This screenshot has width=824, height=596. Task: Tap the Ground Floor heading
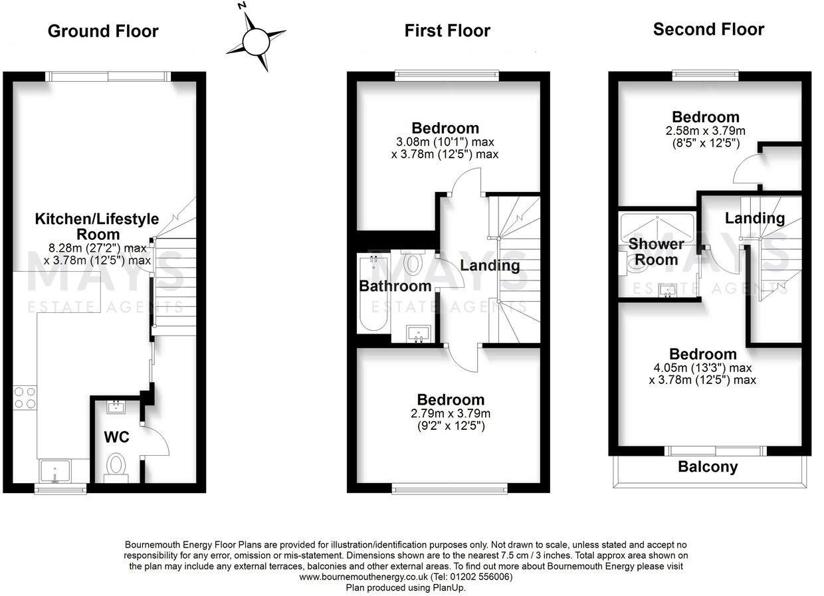coord(103,31)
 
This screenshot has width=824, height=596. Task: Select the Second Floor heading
coord(708,29)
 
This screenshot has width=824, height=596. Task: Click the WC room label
coord(116,437)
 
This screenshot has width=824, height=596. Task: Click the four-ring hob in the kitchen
coord(25,398)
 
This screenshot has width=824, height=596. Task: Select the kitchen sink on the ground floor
coord(54,471)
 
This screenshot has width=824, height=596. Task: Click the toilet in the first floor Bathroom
coord(413,262)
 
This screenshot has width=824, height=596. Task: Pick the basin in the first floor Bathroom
coord(419,334)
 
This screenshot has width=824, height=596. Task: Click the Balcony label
coord(708,467)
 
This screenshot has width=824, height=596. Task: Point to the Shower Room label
coord(657,252)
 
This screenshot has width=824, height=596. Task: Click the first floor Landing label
coord(490,266)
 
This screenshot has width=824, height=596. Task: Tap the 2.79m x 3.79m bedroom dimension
coord(451,413)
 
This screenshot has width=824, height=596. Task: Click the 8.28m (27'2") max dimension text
coord(98,248)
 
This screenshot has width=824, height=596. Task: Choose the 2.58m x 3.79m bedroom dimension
coord(706,131)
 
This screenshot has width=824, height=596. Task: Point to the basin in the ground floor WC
coord(116,407)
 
